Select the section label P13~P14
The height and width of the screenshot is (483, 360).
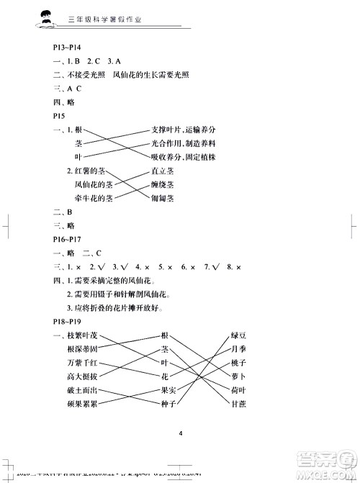pyautogui.click(x=68, y=49)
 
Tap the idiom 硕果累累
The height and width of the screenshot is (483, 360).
pyautogui.click(x=81, y=404)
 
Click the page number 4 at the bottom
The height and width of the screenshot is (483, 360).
pyautogui.click(x=180, y=433)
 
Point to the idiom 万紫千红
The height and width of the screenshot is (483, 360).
pyautogui.click(x=81, y=363)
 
